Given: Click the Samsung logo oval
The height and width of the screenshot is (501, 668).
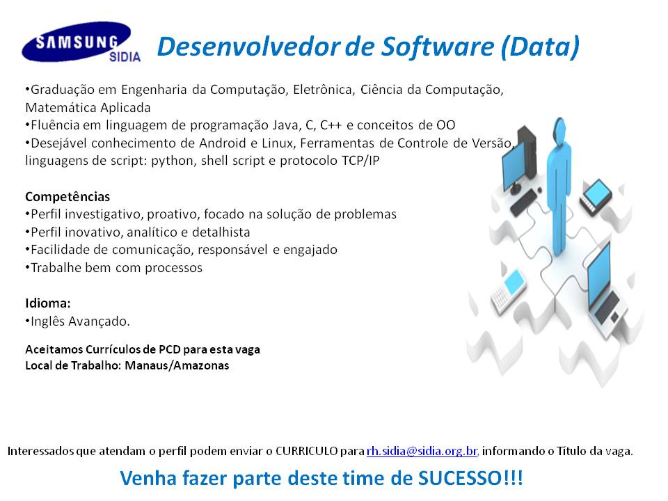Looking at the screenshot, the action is [77, 42].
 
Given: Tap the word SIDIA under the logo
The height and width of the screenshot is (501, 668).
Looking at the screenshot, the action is [125, 56].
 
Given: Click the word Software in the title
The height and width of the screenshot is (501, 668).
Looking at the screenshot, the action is [438, 47].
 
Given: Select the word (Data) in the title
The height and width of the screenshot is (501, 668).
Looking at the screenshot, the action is [540, 47].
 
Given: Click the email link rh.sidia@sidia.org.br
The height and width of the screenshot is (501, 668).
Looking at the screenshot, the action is [422, 451].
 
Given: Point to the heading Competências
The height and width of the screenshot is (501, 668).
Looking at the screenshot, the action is [67, 196].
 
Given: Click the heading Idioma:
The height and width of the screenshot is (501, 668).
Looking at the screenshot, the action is [48, 303].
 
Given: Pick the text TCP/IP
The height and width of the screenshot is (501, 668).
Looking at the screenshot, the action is [360, 161].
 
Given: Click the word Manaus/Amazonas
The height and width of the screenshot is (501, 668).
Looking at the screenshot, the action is [177, 365].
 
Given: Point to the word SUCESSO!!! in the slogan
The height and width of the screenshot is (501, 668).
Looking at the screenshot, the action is [470, 477].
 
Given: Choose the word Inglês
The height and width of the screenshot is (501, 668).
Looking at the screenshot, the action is [47, 321].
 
